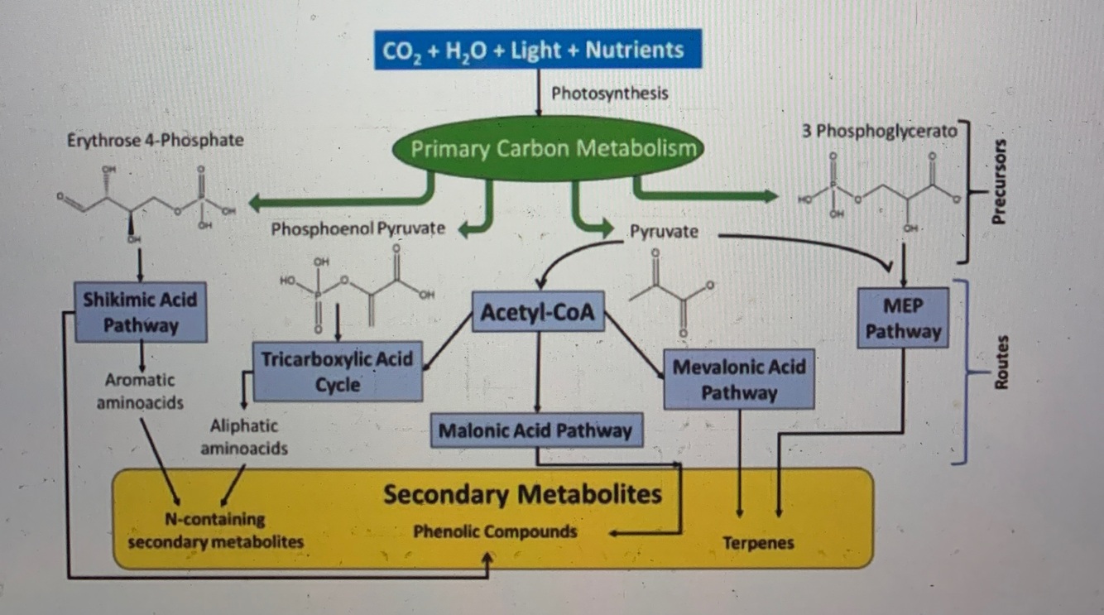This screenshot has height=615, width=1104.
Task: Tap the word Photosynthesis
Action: click(609, 93)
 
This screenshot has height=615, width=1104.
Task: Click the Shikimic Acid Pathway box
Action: click(141, 311)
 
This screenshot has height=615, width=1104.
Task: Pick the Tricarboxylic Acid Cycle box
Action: click(337, 372)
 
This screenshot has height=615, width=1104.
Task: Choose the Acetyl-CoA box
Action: click(538, 313)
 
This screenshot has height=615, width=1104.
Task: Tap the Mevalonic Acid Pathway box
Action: click(738, 379)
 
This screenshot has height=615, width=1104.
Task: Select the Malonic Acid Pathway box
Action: click(535, 430)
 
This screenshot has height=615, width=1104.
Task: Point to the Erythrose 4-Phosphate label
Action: click(155, 140)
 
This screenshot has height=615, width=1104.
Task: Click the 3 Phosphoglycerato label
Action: click(878, 131)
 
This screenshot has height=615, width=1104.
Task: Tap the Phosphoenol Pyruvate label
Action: click(357, 229)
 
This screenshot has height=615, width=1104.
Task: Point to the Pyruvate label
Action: click(664, 232)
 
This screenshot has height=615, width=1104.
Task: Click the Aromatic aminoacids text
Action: click(139, 392)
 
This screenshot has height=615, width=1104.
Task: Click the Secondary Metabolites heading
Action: click(522, 495)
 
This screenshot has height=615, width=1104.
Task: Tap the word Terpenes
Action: click(758, 543)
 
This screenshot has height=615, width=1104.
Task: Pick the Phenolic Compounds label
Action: click(495, 531)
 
